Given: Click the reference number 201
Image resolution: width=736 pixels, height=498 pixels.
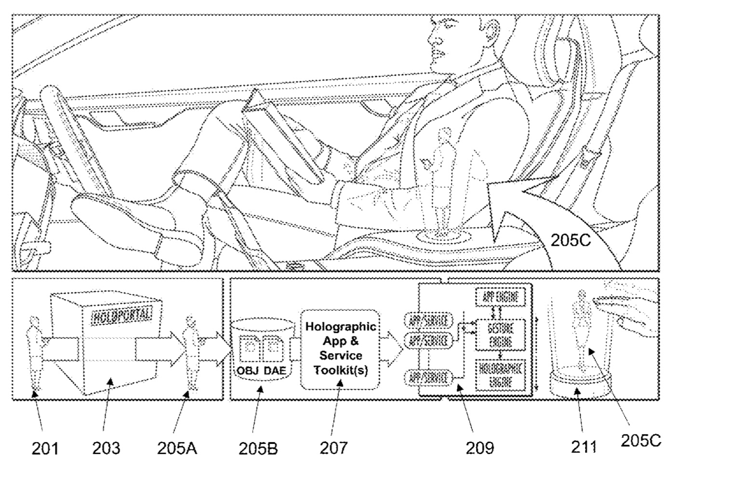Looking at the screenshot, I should coord(45,448).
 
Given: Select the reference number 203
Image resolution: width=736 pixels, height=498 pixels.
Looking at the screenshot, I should coord(106,448).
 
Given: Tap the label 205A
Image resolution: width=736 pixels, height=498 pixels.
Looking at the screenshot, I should coord(177,448).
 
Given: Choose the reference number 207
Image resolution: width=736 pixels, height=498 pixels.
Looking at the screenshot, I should coord(333,448).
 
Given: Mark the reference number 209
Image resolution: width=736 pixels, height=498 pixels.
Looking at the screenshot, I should coord(480,448).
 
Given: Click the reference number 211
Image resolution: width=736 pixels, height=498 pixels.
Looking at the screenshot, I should coord(584,447).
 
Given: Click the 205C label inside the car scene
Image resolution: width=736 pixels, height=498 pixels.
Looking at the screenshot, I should coord(571,240).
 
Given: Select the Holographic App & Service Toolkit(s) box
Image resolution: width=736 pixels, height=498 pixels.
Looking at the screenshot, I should coord(340,348).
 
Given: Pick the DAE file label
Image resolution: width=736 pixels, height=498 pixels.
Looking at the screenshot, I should coord(274,371).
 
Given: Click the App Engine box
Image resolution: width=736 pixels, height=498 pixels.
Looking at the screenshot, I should coord(501,297).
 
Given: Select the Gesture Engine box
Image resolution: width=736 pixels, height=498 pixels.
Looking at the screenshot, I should coord(501,334).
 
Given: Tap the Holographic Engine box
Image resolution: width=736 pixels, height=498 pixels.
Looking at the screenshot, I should coord(501,375).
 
